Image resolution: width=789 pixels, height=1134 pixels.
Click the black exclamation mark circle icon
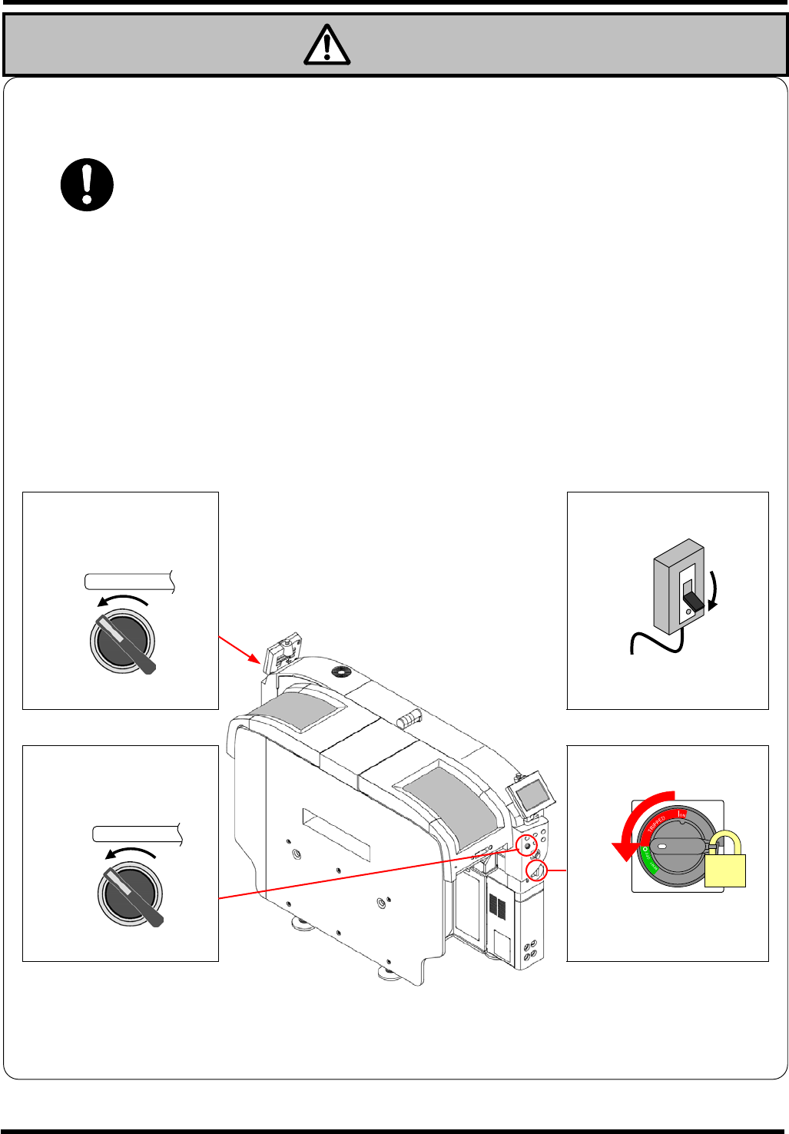pos(88,185)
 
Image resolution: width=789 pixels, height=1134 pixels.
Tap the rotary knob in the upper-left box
pos(124,642)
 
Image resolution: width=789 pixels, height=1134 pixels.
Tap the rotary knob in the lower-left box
pos(131,894)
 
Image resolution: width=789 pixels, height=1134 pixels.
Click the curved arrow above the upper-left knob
pos(123,599)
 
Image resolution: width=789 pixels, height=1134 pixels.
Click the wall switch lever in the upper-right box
pos(692,601)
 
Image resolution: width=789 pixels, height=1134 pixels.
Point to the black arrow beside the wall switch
pos(714,592)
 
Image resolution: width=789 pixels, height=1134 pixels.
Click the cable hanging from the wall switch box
pos(653,642)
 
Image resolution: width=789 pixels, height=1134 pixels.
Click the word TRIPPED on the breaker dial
pos(657,825)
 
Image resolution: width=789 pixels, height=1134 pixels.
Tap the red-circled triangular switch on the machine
pos(537,870)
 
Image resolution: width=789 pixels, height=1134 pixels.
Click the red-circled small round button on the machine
pos(526,845)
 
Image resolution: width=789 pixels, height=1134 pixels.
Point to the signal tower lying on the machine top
pos(409,719)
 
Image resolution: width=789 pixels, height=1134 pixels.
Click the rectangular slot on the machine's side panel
pos(336,834)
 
